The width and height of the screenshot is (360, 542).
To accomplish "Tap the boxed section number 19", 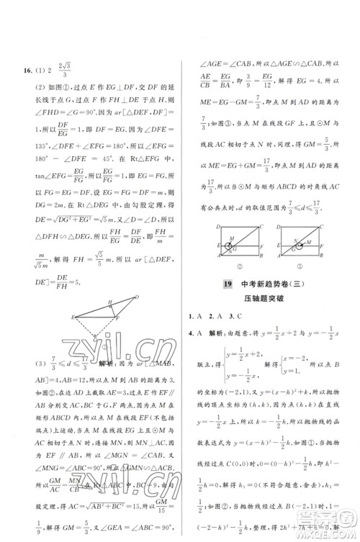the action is (x=227, y=285).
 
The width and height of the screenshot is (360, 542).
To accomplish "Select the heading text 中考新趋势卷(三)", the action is (x=276, y=285).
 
